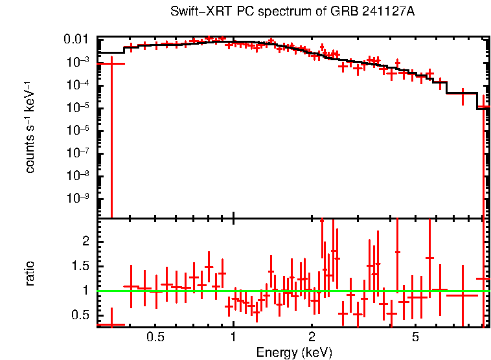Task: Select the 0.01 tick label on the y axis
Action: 80,40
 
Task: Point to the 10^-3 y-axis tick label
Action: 80,62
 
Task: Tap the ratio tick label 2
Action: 84,241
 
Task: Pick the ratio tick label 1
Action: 84,291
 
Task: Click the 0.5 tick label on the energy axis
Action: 155,337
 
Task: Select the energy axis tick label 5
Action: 416,337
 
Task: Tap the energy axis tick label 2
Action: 312,337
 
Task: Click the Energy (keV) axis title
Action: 294,352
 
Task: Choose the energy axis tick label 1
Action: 233,337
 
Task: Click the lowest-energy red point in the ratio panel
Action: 111,324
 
